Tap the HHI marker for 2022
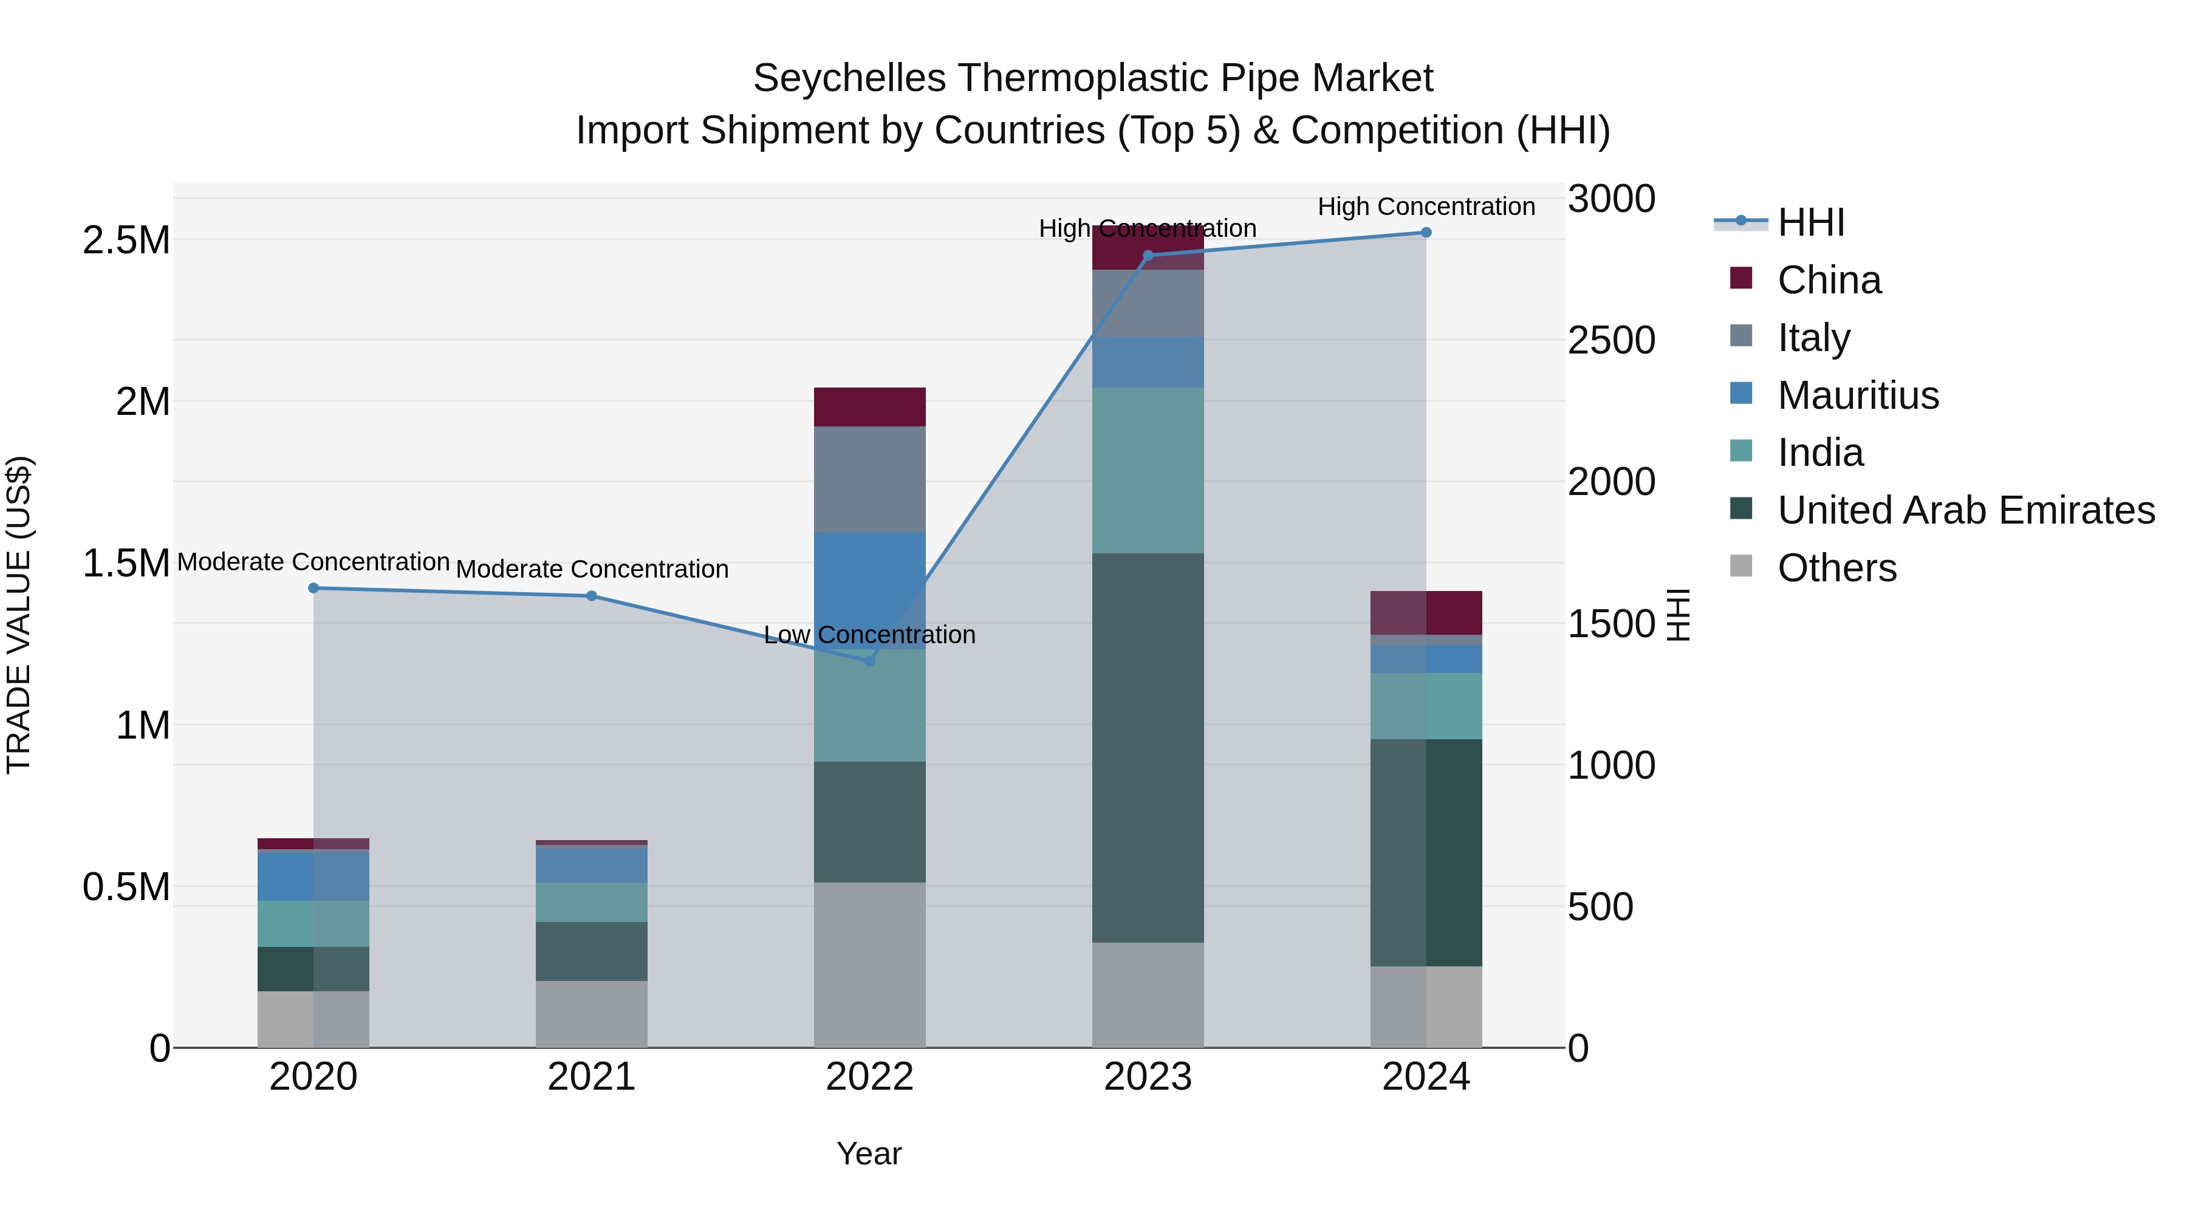[869, 660]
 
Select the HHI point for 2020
[313, 587]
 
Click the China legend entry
[1828, 280]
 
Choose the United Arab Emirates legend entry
[1965, 510]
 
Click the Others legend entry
[1836, 568]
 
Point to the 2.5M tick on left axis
[126, 240]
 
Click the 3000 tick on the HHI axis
[1610, 199]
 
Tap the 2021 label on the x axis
[591, 1077]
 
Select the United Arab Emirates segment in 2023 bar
[1147, 747]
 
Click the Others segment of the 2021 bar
[591, 1014]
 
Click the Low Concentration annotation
[869, 635]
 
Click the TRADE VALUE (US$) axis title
[19, 615]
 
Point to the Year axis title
[869, 1153]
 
